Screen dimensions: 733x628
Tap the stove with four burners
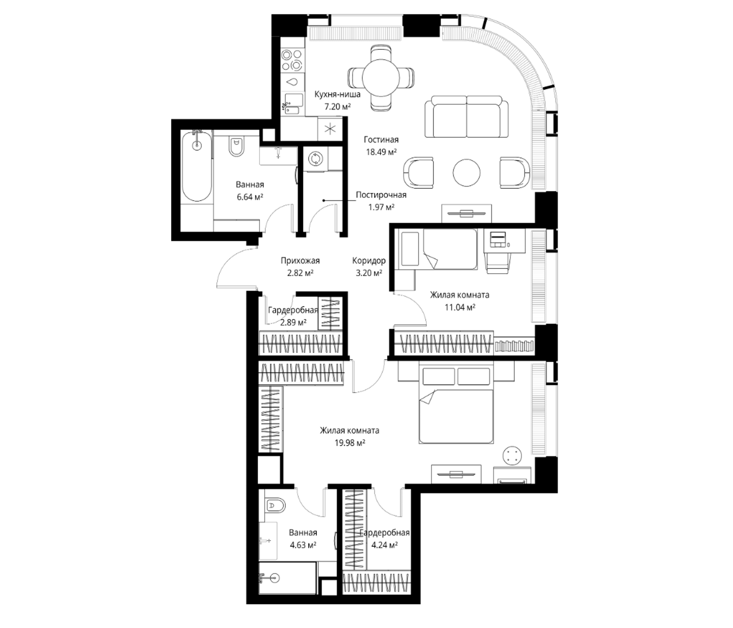292,60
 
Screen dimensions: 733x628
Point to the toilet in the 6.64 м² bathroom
236,147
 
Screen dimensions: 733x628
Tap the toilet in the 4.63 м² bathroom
274,506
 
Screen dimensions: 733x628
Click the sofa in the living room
467,116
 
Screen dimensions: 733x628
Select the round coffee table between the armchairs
467,173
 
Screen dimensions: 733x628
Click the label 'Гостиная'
381,140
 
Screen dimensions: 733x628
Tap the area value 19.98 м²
350,443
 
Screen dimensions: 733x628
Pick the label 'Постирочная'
381,195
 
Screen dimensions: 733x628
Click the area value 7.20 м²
338,106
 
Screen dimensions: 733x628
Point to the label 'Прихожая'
300,261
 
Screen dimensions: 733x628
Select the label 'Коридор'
369,261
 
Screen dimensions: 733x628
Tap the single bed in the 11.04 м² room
438,248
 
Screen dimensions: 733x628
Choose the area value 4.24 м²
385,545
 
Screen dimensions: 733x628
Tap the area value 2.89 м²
293,322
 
